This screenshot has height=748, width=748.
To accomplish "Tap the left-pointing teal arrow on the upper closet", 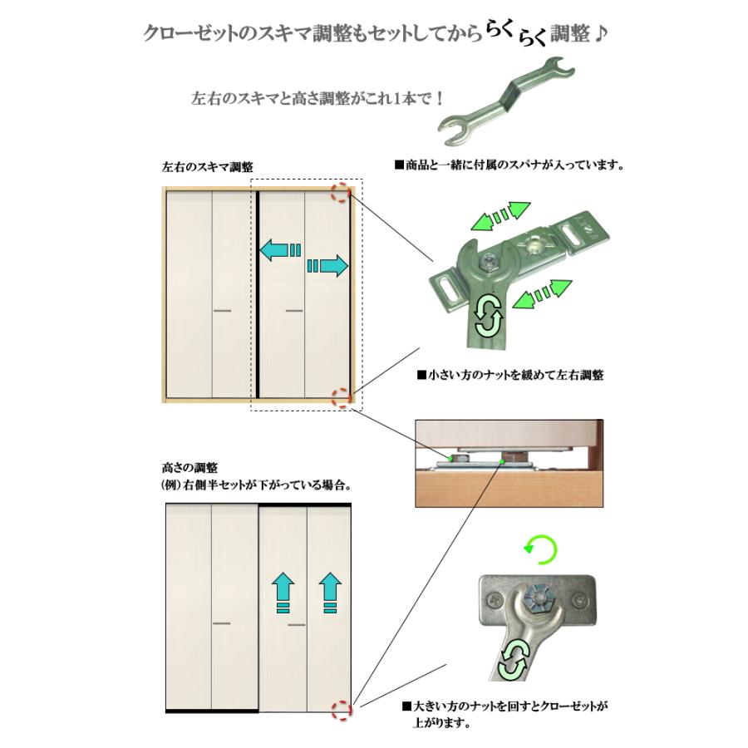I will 279,248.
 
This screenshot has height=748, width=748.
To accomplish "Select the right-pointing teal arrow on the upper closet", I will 327,266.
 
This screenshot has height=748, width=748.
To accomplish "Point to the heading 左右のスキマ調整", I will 208,167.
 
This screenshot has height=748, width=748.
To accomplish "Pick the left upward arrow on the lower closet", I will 283,592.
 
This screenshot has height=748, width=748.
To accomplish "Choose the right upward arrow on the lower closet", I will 331,592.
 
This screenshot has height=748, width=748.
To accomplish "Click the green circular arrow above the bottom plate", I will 541,549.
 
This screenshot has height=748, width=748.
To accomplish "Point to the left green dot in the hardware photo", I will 450,457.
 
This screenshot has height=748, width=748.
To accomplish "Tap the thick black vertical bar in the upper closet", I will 258,295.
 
